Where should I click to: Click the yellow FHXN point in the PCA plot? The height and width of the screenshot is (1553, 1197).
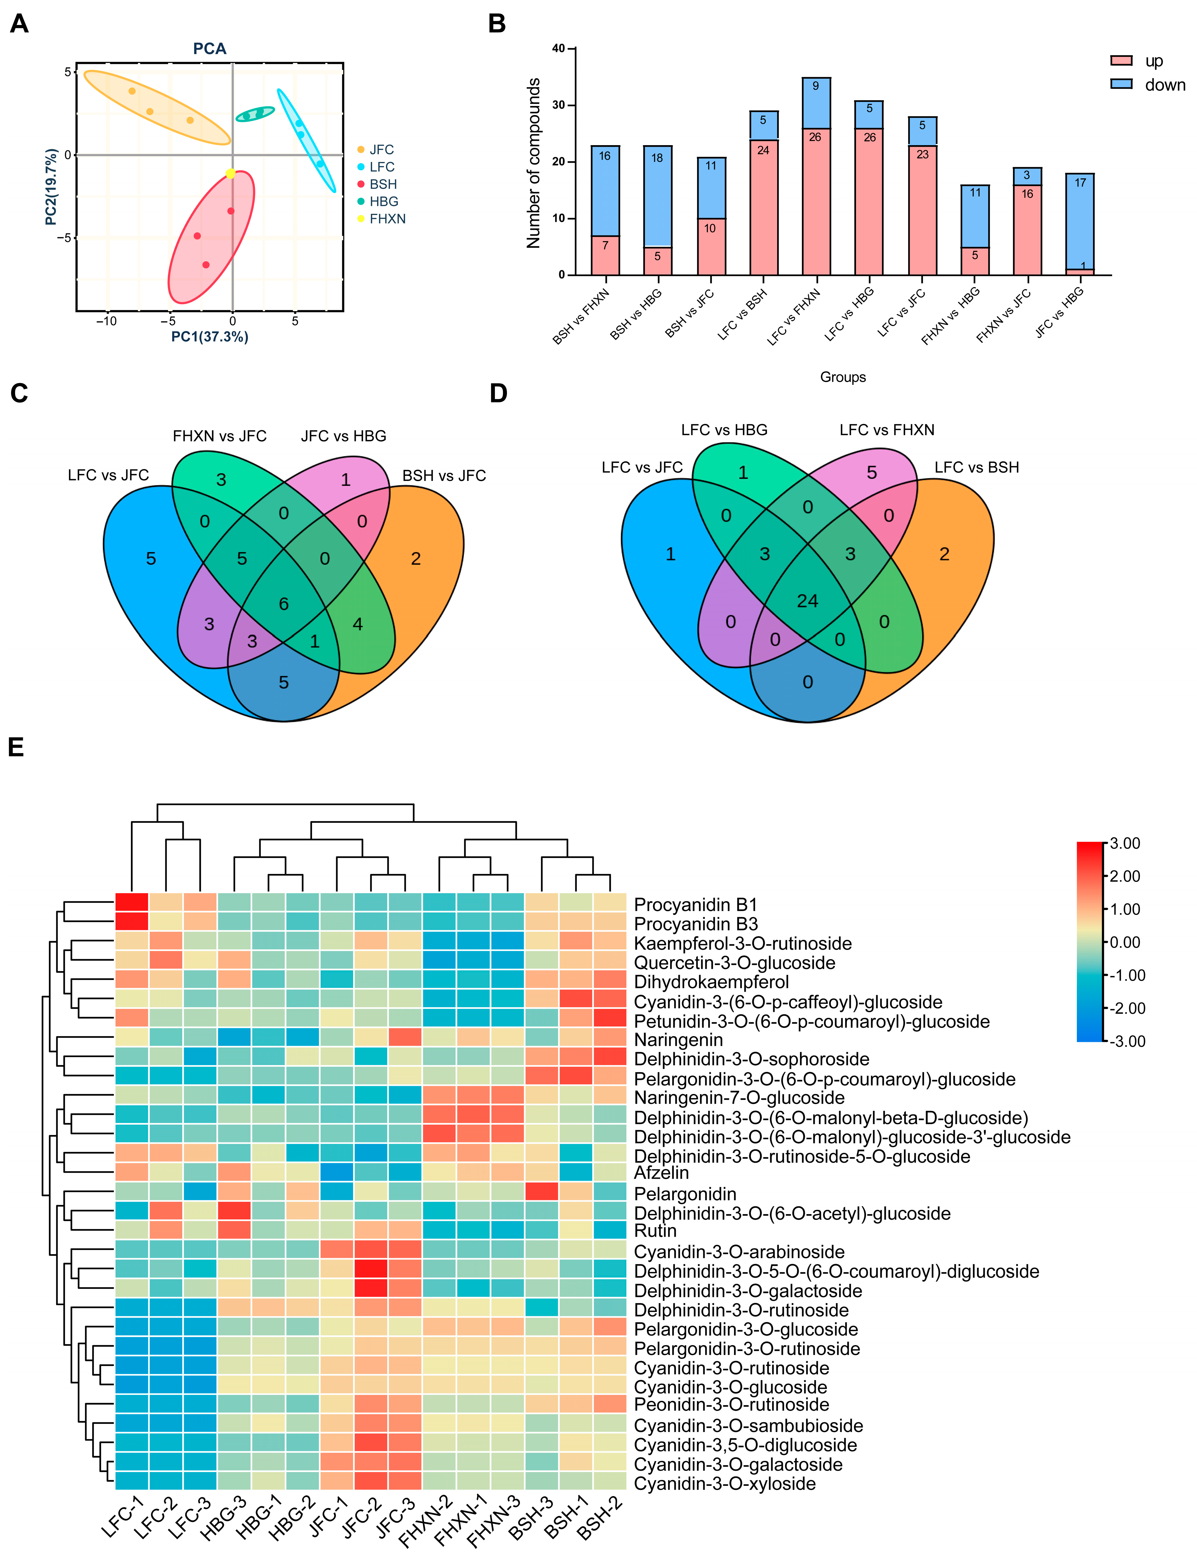point(230,173)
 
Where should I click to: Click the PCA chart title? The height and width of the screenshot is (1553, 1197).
point(210,48)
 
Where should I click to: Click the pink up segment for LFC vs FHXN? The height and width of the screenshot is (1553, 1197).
point(816,201)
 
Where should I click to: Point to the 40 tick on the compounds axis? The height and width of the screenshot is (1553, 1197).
point(558,48)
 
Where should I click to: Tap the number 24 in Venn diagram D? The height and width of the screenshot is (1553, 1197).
point(807,601)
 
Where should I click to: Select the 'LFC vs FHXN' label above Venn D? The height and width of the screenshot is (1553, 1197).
point(887,429)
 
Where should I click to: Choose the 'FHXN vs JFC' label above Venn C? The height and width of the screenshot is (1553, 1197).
point(220,436)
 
